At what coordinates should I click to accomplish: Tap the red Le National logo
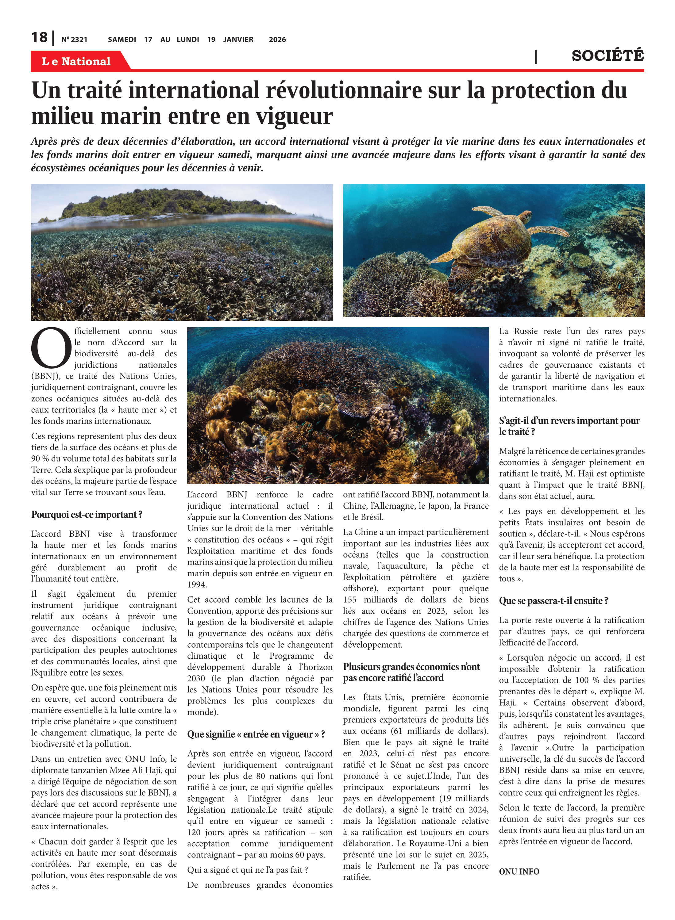point(76,61)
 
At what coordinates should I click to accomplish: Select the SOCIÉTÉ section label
point(607,55)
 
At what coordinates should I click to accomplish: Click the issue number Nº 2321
point(74,40)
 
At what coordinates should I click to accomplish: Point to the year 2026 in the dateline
point(277,40)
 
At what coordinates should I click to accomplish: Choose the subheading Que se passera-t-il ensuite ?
point(553,601)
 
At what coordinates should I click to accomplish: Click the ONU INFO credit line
point(519,872)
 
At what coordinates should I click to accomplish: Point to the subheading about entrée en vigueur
point(256,734)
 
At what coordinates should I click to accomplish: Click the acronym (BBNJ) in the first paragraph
point(46,376)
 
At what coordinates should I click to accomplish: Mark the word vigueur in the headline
point(294,116)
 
